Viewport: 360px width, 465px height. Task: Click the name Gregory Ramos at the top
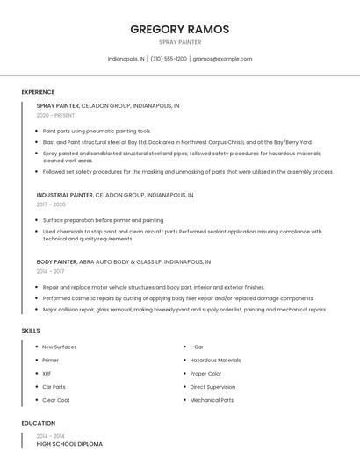[180, 29]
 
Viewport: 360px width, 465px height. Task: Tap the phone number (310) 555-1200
[168, 59]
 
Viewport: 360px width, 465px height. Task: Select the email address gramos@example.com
[222, 59]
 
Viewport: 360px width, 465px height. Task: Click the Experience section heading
[38, 92]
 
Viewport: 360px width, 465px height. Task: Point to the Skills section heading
[31, 330]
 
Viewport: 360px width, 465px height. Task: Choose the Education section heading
[39, 423]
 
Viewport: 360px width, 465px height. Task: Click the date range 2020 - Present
[55, 115]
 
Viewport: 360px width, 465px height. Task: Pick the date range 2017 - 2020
[51, 204]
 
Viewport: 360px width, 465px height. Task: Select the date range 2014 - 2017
[51, 271]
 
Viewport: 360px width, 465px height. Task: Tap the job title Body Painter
[56, 261]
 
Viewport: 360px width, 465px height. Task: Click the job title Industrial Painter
[64, 195]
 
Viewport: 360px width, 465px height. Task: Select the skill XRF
[47, 373]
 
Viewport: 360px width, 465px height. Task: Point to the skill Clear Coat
[55, 400]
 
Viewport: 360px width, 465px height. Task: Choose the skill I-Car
[197, 347]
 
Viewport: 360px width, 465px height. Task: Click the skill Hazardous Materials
[215, 360]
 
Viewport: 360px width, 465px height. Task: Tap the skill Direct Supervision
[212, 386]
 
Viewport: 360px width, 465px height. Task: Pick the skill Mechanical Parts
[212, 400]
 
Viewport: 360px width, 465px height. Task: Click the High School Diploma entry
[69, 444]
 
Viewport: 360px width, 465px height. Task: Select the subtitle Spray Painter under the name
[180, 42]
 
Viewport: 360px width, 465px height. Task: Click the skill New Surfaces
[59, 347]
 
